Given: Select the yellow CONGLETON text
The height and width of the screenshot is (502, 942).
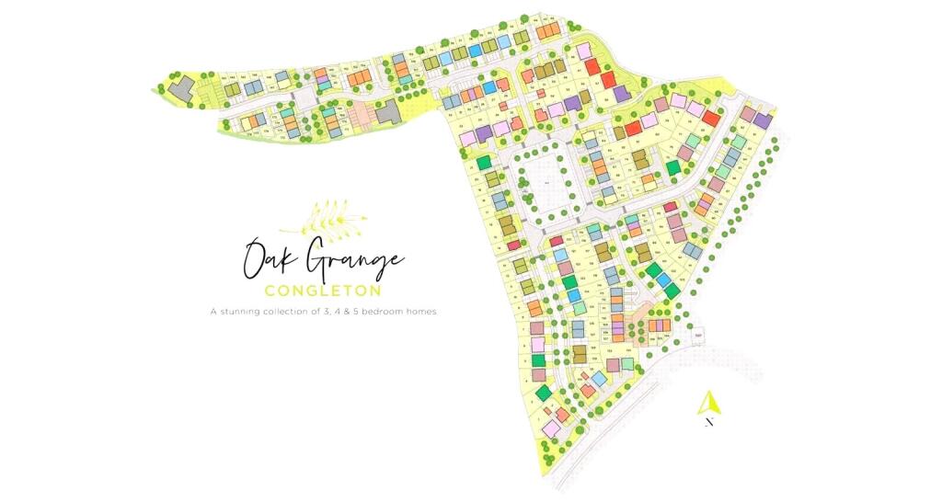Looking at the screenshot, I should coord(322,291).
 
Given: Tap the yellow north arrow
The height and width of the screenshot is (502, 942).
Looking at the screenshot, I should coord(708,402).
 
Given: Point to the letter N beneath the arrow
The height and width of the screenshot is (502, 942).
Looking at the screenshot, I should coord(708,423).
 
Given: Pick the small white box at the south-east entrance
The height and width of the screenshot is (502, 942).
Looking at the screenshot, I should coord(698,336).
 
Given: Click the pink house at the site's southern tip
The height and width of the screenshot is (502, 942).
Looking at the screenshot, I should coord(551,428).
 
